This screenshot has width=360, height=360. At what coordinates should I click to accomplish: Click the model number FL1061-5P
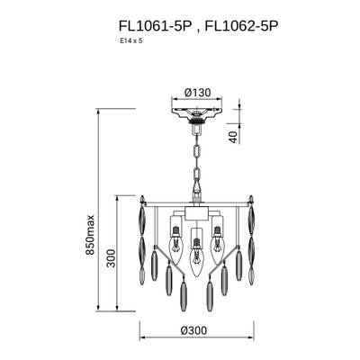pyautogui.click(x=155, y=26)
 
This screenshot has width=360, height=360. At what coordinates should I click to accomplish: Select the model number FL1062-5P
pyautogui.click(x=241, y=26)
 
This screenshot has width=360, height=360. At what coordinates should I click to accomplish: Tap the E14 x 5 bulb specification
pyautogui.click(x=130, y=41)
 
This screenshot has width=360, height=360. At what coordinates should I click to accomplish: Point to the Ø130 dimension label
pyautogui.click(x=198, y=93)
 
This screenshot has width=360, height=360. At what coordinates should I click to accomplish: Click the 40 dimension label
pyautogui.click(x=234, y=137)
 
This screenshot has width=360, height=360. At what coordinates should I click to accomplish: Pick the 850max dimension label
pyautogui.click(x=90, y=235)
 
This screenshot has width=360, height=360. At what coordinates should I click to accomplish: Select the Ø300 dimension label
pyautogui.click(x=193, y=330)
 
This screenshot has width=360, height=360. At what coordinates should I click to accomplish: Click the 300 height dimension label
pyautogui.click(x=111, y=258)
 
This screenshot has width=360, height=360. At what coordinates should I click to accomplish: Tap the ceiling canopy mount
pyautogui.click(x=196, y=115)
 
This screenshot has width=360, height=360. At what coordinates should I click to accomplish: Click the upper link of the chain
pyautogui.click(x=197, y=150)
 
